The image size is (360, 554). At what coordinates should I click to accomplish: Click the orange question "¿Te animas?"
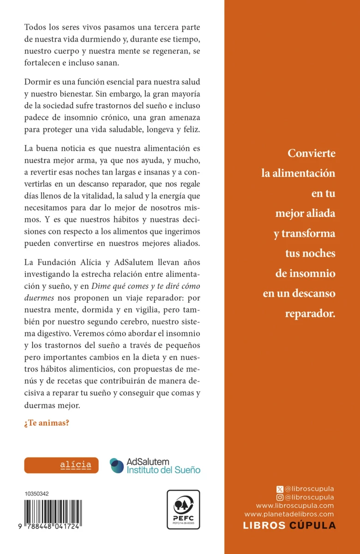click(47, 422)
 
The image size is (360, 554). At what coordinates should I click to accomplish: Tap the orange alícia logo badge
click(61, 465)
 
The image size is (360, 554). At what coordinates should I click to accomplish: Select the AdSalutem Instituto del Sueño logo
click(155, 465)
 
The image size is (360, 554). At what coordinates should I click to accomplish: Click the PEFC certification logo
click(183, 510)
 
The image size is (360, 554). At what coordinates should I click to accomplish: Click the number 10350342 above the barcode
click(37, 494)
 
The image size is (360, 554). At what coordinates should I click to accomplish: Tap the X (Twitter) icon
click(279, 488)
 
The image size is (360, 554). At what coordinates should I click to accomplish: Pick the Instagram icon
click(279, 497)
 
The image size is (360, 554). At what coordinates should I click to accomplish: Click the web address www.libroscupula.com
click(295, 506)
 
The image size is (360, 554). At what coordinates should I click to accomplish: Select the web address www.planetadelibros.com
click(289, 514)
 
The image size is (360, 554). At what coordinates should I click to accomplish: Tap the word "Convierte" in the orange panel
click(312, 154)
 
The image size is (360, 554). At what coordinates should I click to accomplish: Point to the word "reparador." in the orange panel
click(310, 313)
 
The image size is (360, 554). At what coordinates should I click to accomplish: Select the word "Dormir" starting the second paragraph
click(36, 81)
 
